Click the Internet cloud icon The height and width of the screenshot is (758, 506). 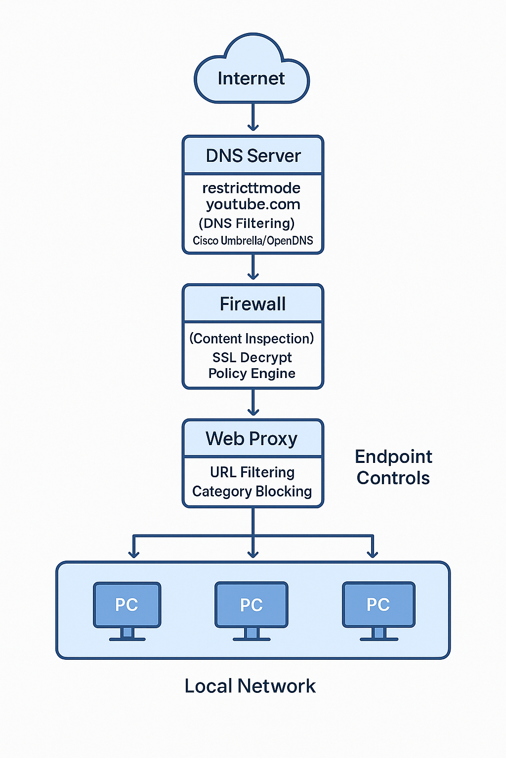point(252,72)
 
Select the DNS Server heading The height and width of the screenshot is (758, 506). point(253,155)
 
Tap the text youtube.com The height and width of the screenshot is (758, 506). point(253,204)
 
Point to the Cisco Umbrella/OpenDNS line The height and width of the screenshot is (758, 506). point(253,241)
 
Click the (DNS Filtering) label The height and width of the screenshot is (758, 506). point(247,223)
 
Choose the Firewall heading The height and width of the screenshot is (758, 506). point(253,304)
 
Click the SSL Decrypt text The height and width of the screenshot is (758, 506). point(252,357)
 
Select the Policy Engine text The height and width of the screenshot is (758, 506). point(252,374)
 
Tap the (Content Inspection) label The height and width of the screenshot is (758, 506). point(252,339)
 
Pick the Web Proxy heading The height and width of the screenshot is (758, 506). point(252,439)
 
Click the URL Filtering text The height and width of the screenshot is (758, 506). point(252,472)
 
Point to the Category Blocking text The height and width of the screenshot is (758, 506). point(252,492)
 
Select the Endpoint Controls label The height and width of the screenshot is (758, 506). point(393,467)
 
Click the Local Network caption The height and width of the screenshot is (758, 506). point(250,686)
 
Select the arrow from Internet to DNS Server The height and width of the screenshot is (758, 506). point(253,117)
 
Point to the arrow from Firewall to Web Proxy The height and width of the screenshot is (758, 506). point(253,403)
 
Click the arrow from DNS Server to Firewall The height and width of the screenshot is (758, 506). point(253,267)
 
